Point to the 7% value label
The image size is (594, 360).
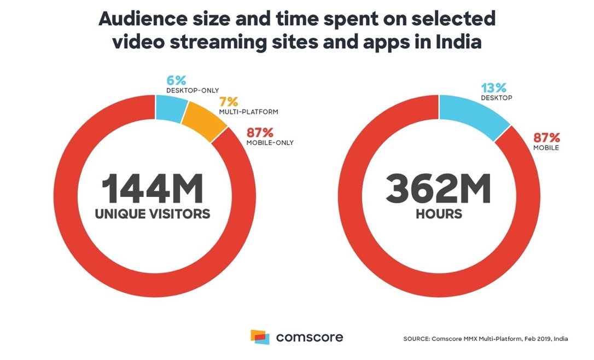(x=228, y=102)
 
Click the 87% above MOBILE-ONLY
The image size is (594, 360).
(x=260, y=133)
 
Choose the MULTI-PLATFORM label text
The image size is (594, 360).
(x=248, y=112)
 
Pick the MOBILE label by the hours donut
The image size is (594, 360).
(x=546, y=148)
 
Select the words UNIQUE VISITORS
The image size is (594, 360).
(x=153, y=214)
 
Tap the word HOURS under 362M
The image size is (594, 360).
(x=439, y=214)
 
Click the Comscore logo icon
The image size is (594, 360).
(x=260, y=336)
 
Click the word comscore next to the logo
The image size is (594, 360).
(x=310, y=337)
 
